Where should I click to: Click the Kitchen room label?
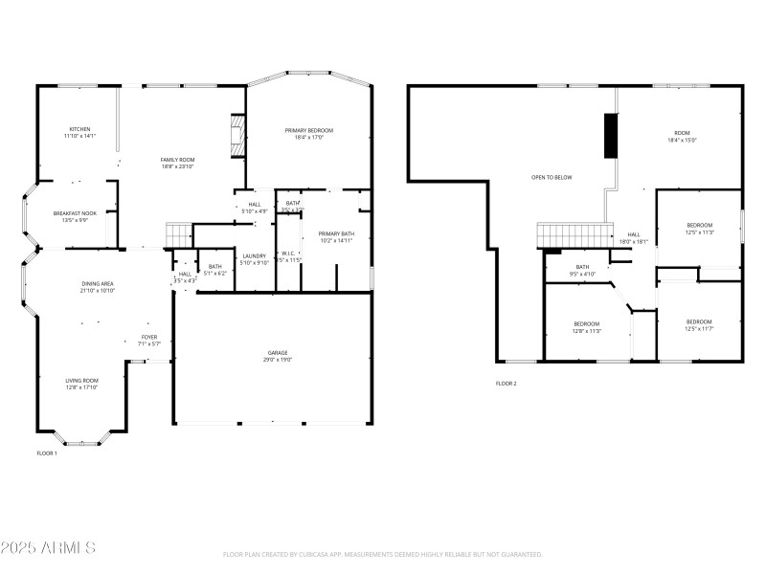click(79, 132)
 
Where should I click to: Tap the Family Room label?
click(177, 163)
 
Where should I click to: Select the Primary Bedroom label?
click(308, 133)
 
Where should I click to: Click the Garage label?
click(278, 356)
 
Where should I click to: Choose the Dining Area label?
click(97, 286)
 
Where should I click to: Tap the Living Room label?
click(81, 384)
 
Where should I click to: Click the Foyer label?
click(149, 340)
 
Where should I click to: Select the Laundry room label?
click(254, 259)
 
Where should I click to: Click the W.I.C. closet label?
click(288, 256)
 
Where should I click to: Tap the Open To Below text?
click(552, 177)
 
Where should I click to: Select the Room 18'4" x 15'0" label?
click(682, 136)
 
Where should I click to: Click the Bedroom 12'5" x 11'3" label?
click(699, 228)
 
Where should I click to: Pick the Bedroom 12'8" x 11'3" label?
click(586, 327)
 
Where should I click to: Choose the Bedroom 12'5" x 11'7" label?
click(699, 324)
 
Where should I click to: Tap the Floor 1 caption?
click(47, 453)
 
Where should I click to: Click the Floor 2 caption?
click(506, 384)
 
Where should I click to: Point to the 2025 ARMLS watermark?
click(48, 548)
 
